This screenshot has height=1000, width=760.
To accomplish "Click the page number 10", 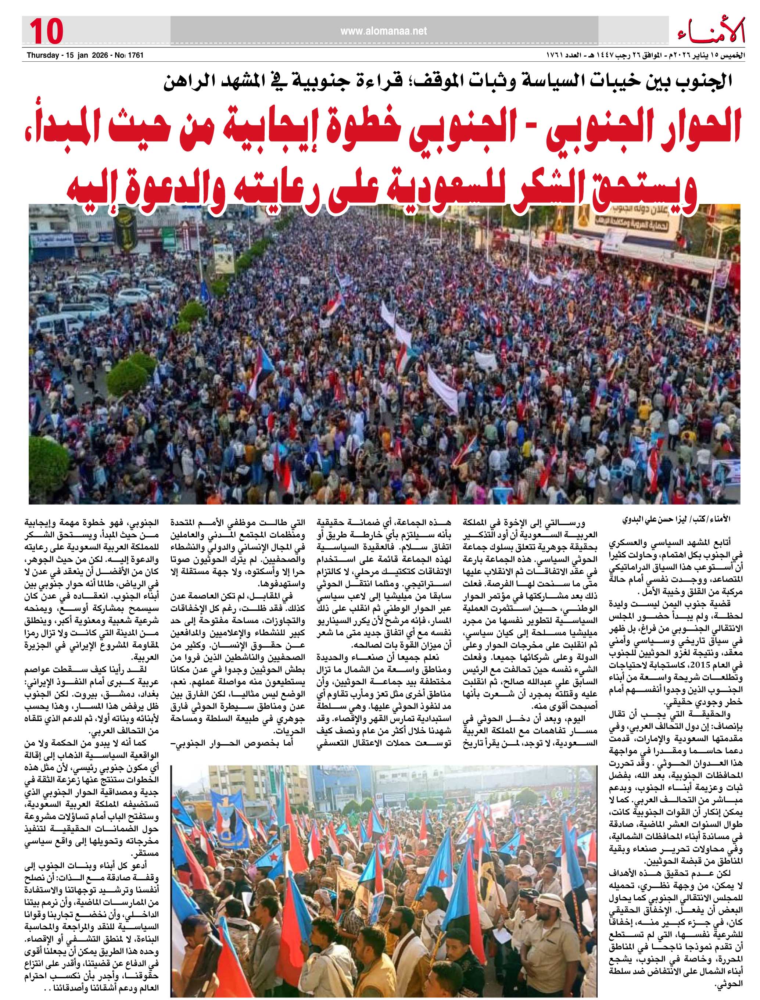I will (46, 31).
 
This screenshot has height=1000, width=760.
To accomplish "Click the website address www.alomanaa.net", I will (383, 31).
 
